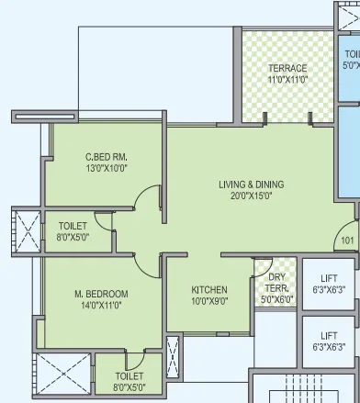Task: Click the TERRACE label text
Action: (x=287, y=69)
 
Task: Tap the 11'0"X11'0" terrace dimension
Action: (x=287, y=80)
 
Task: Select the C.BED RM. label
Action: (x=107, y=157)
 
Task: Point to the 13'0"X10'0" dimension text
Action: (x=107, y=168)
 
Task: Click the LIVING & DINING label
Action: (x=251, y=185)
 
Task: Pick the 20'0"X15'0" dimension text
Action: (x=251, y=196)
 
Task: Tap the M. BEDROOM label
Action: (x=101, y=295)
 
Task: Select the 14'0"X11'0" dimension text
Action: (x=101, y=306)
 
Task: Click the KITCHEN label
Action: (x=209, y=288)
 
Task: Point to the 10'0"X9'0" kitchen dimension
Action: (x=209, y=299)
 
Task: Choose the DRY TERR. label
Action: (x=276, y=282)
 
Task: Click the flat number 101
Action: (x=347, y=241)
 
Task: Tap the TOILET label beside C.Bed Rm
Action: (x=73, y=226)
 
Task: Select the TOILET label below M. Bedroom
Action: (x=130, y=376)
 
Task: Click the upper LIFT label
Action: (x=329, y=279)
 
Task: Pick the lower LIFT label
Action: (x=329, y=336)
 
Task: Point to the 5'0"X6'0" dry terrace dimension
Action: (x=276, y=299)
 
